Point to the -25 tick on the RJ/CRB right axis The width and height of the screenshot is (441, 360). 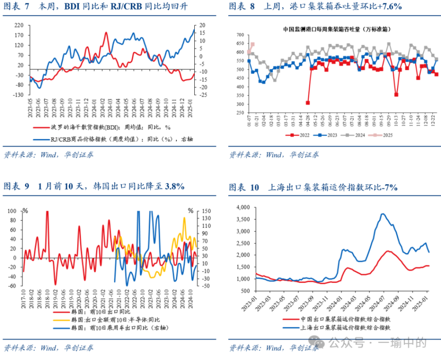pos(203,95)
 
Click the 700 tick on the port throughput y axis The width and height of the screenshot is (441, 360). pos(240,35)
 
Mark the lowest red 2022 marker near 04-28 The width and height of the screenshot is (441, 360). pos(308,103)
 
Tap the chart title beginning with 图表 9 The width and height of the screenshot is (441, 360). pos(94,186)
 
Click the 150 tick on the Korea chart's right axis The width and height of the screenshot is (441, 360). pos(206,211)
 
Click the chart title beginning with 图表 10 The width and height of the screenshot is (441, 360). pos(313,187)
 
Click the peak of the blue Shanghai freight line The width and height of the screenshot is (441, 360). pos(383,214)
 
